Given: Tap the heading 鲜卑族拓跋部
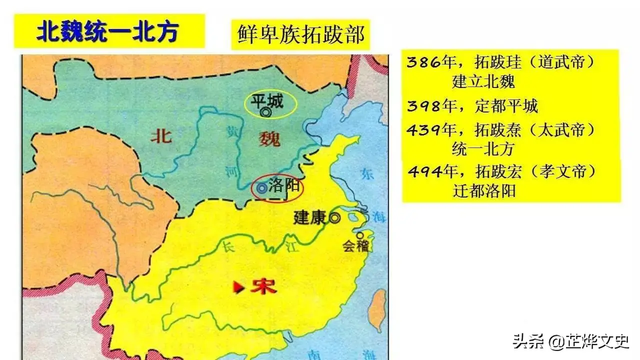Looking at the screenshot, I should pyautogui.click(x=300, y=34).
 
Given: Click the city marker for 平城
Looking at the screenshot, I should pyautogui.click(x=265, y=113).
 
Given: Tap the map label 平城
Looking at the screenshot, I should pyautogui.click(x=267, y=101).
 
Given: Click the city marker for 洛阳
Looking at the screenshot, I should pyautogui.click(x=261, y=188).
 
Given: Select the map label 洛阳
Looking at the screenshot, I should pyautogui.click(x=284, y=186).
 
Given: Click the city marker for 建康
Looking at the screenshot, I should pyautogui.click(x=334, y=217).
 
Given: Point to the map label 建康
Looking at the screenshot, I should pyautogui.click(x=310, y=217).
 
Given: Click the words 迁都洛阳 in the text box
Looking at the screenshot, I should pyautogui.click(x=484, y=191).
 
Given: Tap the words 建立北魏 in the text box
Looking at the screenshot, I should pyautogui.click(x=483, y=81).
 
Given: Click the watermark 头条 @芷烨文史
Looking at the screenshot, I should pyautogui.click(x=570, y=341).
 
